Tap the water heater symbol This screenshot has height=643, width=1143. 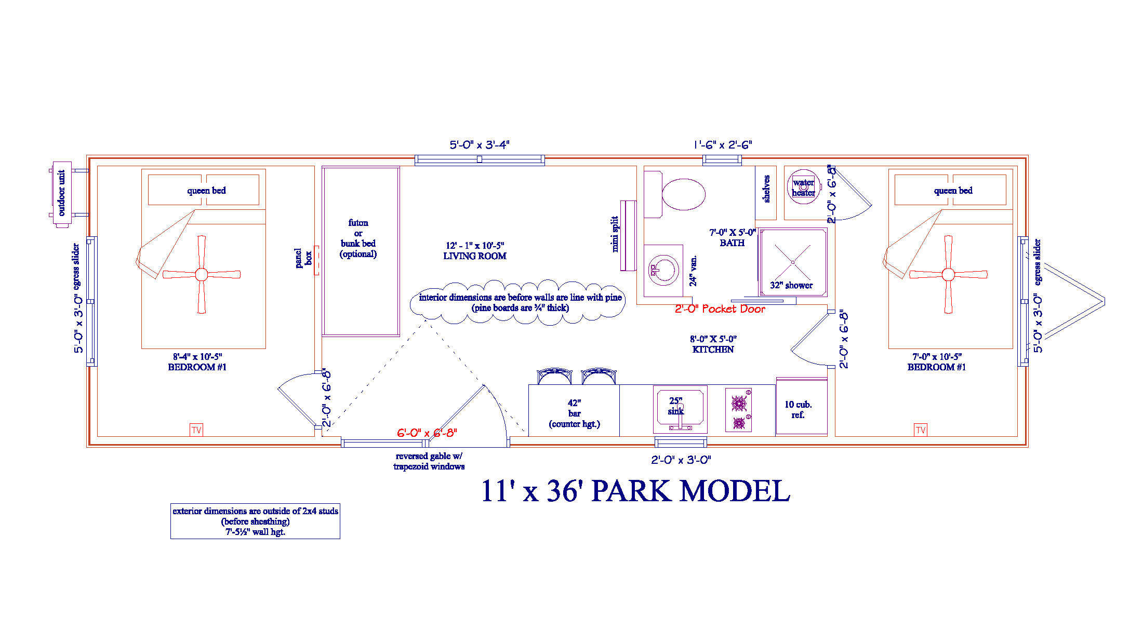(803, 186)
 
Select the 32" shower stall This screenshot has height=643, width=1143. (793, 262)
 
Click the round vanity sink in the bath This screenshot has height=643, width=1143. (663, 270)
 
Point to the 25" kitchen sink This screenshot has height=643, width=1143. (680, 409)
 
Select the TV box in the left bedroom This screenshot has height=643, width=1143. (196, 430)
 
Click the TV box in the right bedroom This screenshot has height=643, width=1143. (921, 430)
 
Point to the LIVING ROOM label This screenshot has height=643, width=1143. (475, 256)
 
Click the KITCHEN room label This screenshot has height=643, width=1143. (713, 350)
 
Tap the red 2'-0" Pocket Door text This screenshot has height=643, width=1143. (720, 309)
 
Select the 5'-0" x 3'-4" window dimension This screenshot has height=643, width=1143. (480, 145)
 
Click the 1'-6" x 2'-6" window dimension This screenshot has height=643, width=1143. (723, 145)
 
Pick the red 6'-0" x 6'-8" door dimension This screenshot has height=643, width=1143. (427, 433)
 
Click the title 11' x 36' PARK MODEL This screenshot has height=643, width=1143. (635, 491)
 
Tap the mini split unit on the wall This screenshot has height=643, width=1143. (628, 236)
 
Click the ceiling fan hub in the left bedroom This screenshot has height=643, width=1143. (202, 274)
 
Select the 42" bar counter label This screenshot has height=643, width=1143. (574, 413)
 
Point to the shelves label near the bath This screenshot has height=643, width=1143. (766, 189)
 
